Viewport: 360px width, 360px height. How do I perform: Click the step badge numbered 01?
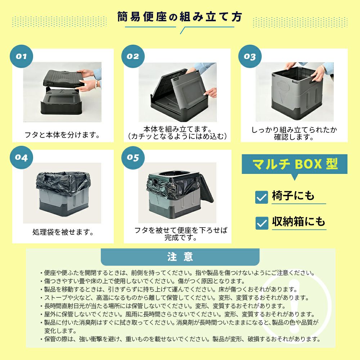21,56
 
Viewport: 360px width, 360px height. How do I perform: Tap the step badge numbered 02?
133,56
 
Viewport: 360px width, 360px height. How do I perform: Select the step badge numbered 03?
250,56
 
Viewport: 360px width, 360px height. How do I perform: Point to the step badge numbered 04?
21,158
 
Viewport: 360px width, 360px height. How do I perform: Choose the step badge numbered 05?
133,158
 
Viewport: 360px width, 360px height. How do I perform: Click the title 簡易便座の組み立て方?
180,17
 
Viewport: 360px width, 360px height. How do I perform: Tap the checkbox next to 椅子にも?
261,197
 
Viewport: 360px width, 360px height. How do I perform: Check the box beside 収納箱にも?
262,223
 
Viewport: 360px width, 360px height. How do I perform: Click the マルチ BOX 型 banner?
294,164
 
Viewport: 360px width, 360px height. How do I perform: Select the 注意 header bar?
180,257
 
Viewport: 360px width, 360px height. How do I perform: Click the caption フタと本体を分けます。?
62,135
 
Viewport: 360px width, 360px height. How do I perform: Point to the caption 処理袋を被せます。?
63,232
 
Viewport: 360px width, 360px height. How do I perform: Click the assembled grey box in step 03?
297,93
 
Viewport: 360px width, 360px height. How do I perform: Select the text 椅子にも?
293,196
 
